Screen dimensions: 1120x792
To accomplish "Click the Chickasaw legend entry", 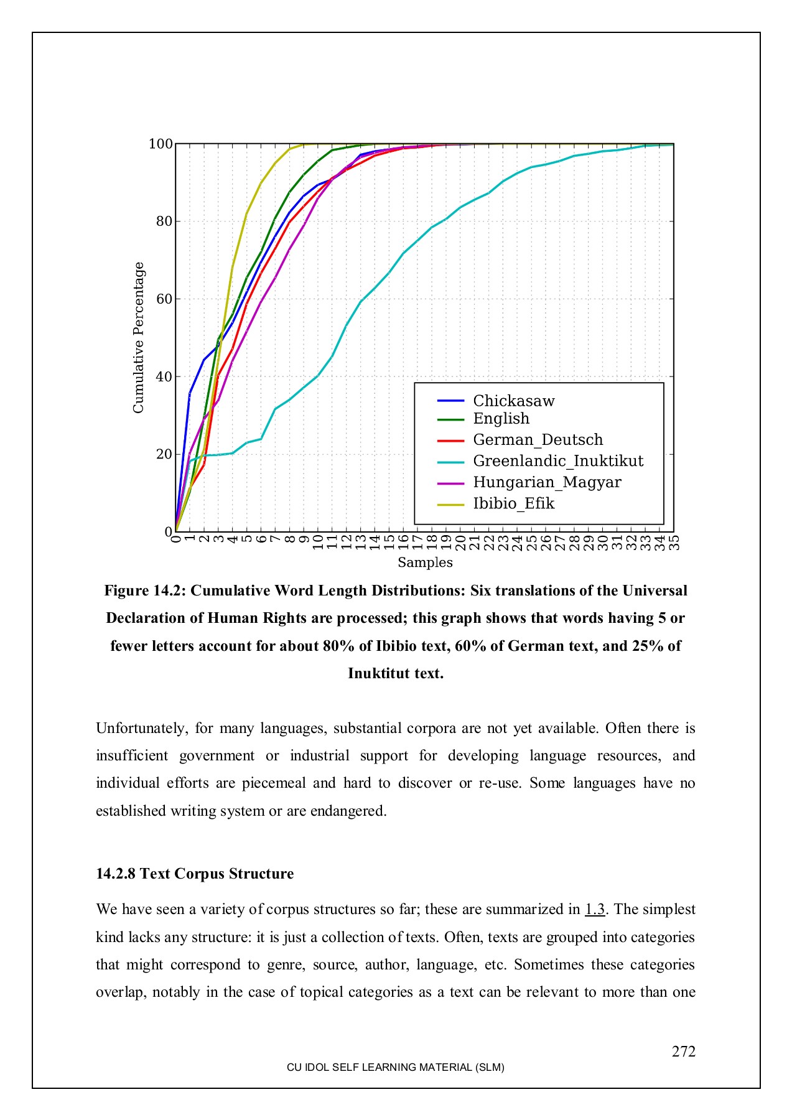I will [x=513, y=401].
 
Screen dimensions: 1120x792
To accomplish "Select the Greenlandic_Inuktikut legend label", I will [x=558, y=461].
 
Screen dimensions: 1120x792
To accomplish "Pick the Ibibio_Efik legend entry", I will [x=513, y=503].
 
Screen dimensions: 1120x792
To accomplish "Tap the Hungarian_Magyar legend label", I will [x=547, y=482].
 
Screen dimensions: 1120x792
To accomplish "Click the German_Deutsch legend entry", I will [x=538, y=440].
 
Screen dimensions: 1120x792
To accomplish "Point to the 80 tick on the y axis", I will [x=164, y=222].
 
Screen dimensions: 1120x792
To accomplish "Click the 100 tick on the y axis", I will [x=161, y=144].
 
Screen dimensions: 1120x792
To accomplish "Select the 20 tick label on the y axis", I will [x=164, y=454].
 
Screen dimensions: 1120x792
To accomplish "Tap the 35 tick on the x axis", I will [x=674, y=543].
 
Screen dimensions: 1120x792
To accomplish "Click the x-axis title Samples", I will [x=425, y=562].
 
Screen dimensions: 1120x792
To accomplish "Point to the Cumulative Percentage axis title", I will [x=139, y=337].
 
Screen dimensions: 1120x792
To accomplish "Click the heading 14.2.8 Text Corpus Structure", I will [x=195, y=874].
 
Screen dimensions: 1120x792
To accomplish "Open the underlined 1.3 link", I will [x=595, y=910].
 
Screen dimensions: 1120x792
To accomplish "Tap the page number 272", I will [x=683, y=1052].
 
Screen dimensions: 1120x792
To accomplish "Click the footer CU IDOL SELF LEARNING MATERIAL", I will [x=395, y=1067].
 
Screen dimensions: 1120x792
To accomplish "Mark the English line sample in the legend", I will [x=450, y=419].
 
